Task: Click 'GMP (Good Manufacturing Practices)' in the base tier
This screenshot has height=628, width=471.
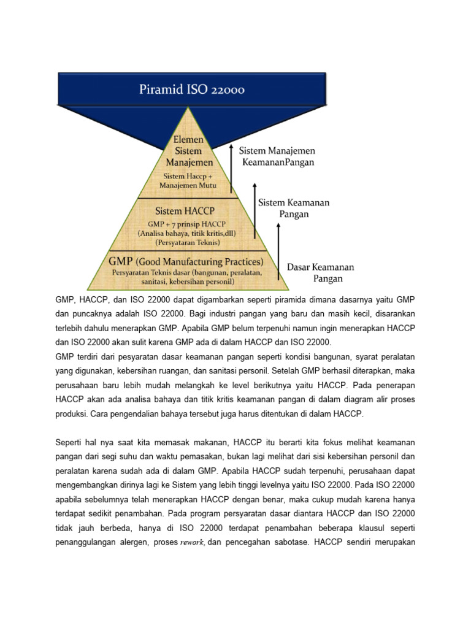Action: (186, 262)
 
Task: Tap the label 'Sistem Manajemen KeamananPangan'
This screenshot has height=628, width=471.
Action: (277, 156)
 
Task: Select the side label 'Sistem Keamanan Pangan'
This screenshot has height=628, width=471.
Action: (293, 209)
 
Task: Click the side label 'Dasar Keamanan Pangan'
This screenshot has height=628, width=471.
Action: (321, 273)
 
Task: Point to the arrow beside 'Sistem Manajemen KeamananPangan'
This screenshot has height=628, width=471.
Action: (232, 169)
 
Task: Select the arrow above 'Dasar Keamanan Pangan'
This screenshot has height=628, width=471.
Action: (278, 242)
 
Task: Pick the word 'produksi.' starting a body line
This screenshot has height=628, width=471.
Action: (72, 414)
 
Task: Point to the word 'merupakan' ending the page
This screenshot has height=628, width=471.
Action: (394, 542)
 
